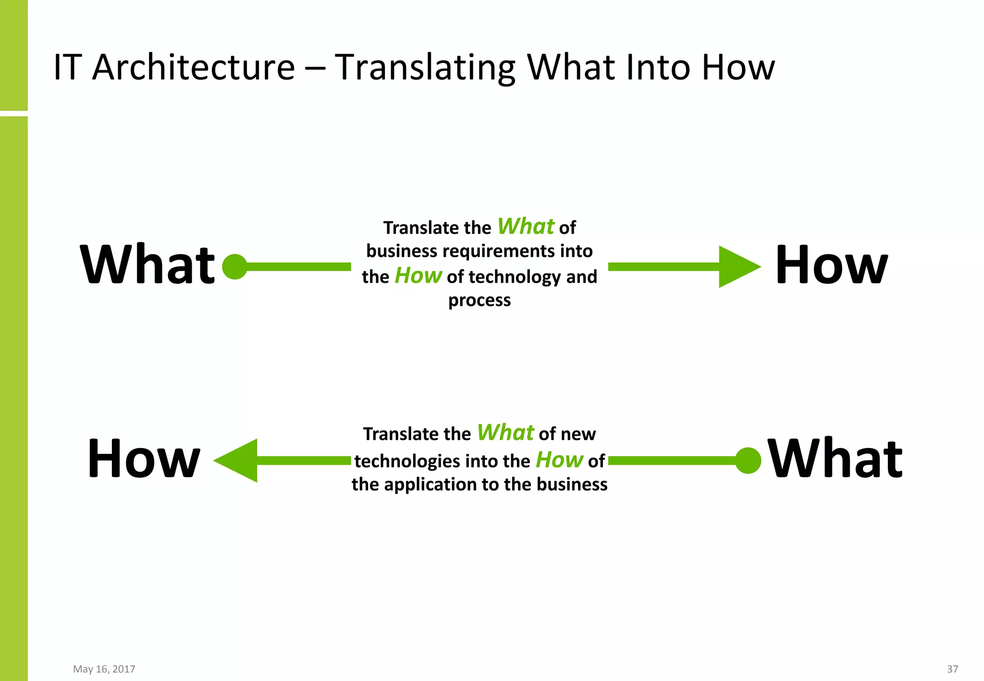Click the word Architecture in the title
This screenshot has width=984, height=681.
click(193, 67)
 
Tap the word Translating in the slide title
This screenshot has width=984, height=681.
click(425, 67)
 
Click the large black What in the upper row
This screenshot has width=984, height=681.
click(148, 265)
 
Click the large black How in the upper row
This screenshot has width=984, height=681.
click(831, 265)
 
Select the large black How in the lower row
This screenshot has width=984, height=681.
click(144, 460)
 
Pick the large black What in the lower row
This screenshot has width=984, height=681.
click(835, 460)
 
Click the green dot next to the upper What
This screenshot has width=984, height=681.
click(235, 267)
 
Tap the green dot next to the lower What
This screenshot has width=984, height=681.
click(748, 461)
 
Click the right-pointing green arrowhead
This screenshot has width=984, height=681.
click(738, 267)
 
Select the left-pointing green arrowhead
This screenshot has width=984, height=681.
click(238, 461)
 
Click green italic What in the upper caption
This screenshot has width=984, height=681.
click(526, 226)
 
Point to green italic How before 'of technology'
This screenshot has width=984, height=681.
click(418, 276)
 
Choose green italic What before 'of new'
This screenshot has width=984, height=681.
click(505, 433)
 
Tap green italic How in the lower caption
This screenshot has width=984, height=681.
click(559, 460)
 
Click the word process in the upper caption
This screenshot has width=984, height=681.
click(479, 301)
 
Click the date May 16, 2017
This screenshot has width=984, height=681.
click(104, 669)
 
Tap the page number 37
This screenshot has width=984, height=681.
click(952, 669)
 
